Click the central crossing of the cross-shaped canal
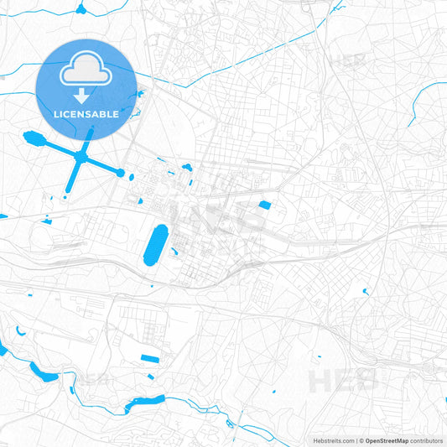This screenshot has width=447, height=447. coord(81,156)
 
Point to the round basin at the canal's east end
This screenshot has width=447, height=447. coord(120,173)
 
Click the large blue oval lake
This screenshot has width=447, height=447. coord(156,244)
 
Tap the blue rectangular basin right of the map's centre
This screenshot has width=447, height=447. coord(265,205)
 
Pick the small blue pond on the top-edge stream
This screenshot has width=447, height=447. coord(81,9)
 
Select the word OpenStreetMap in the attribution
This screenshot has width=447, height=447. coord(387,440)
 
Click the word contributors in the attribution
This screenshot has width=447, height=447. coord(427,440)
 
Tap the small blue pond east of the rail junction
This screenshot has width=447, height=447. coord(366,292)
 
